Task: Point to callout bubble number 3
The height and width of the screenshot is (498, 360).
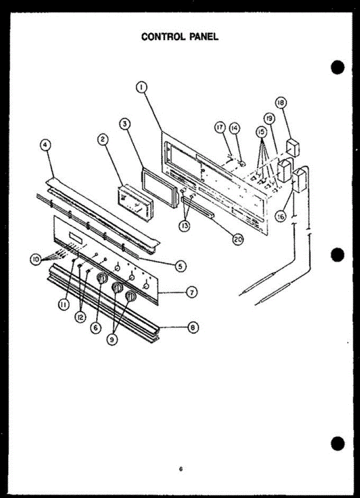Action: tap(124, 123)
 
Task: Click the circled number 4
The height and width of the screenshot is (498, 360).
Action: tap(45, 145)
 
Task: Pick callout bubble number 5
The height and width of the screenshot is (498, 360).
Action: tap(180, 266)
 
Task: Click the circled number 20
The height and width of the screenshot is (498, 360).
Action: tap(238, 239)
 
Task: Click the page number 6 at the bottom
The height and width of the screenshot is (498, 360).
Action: tap(181, 469)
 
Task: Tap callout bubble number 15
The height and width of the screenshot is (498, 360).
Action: tap(261, 132)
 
